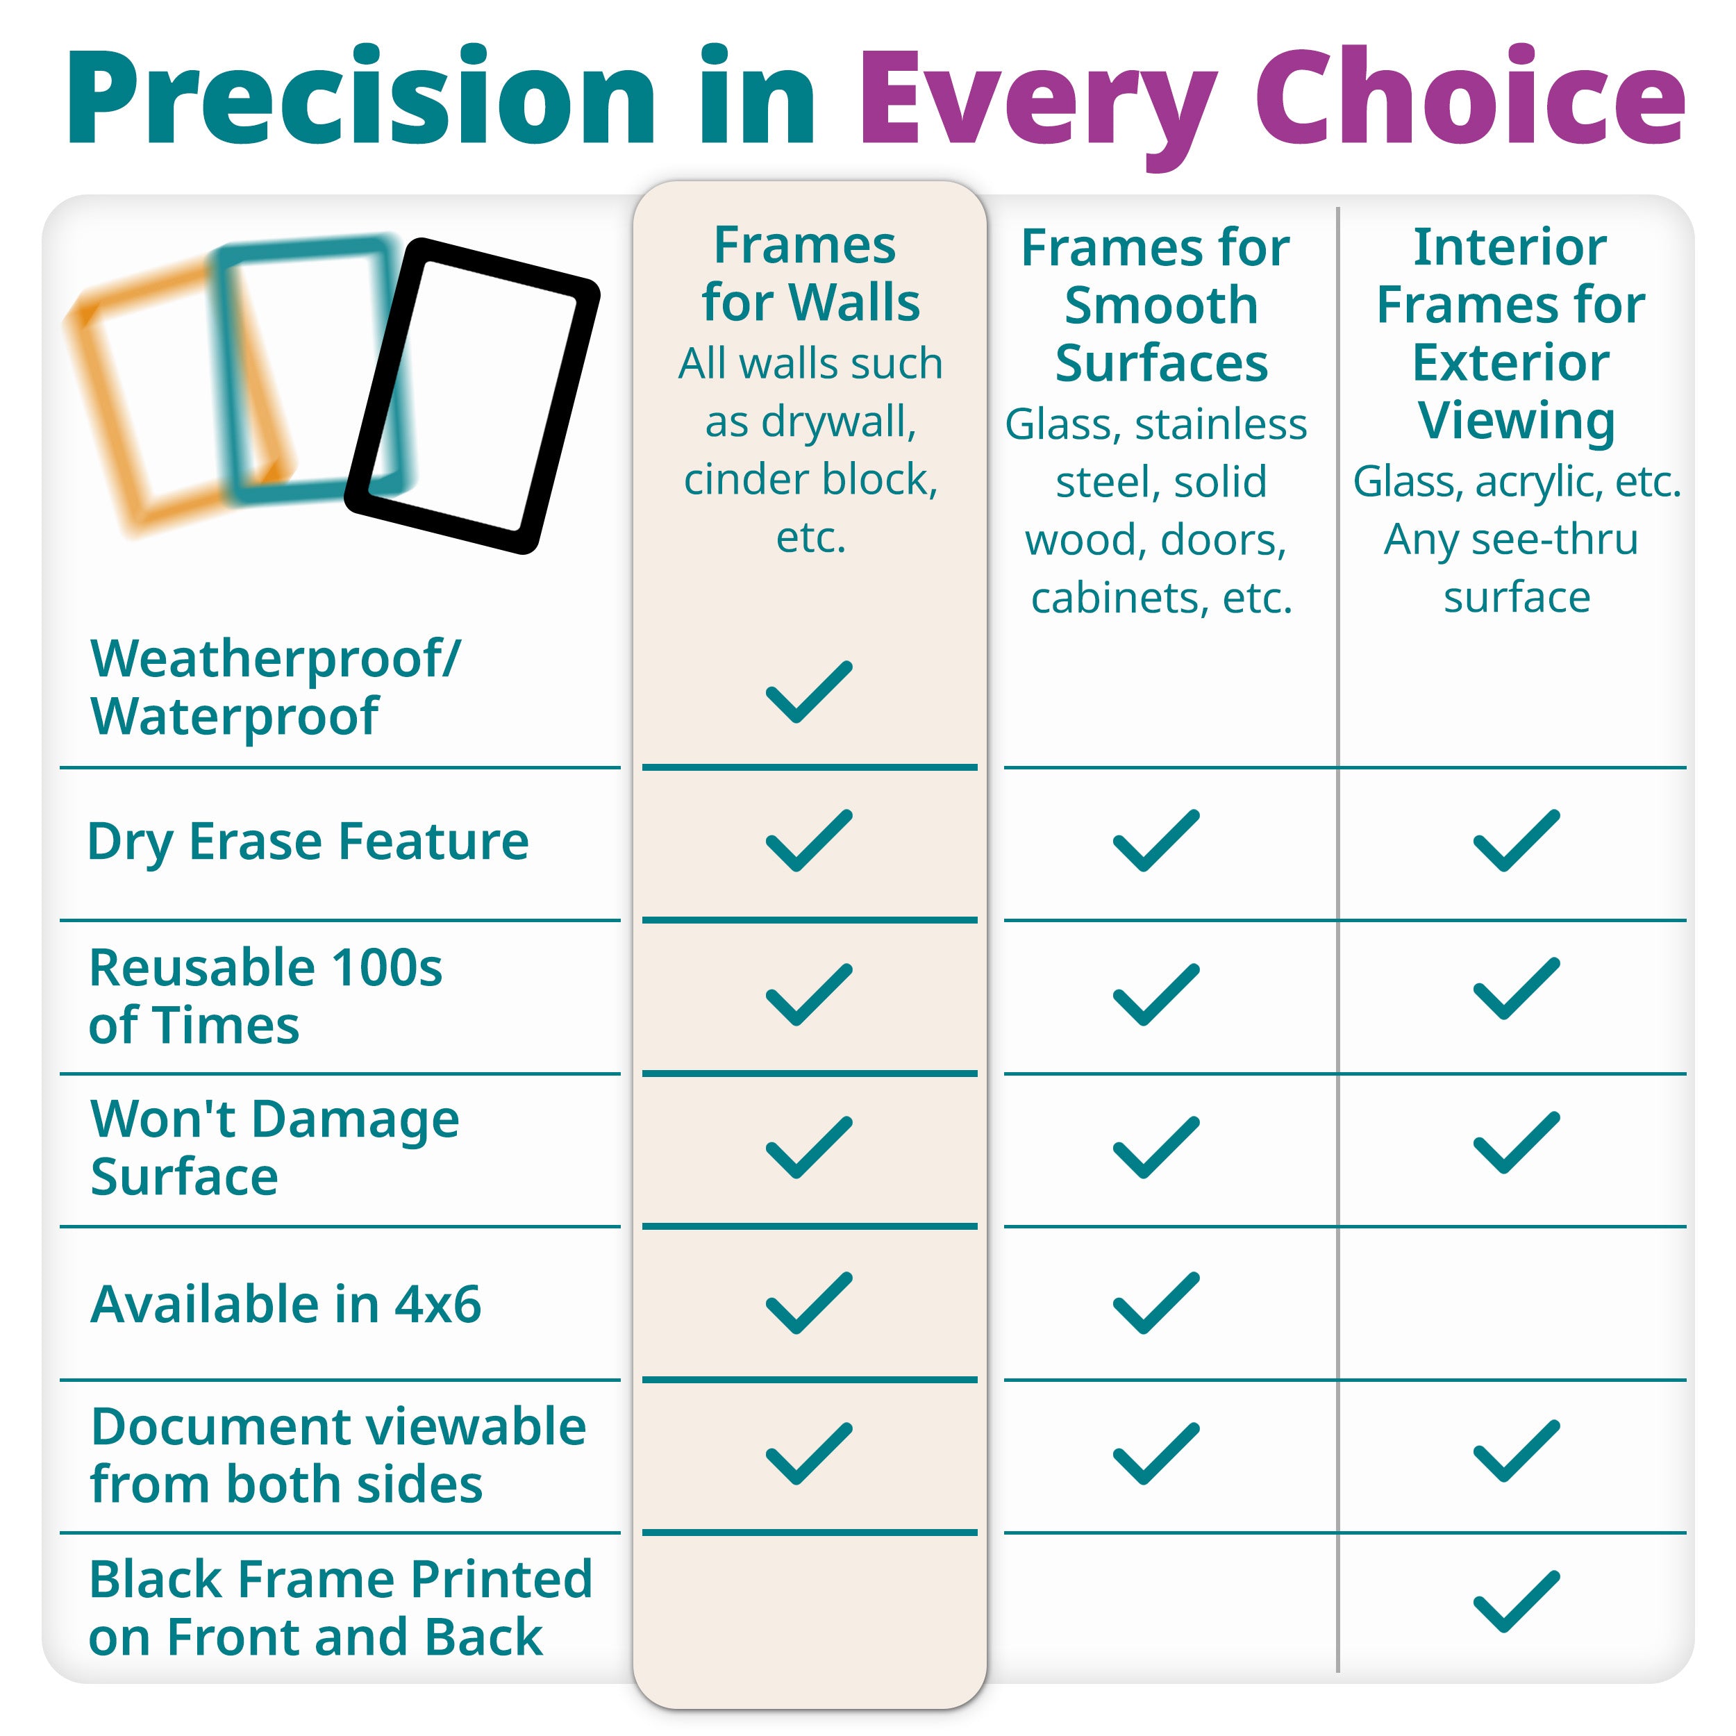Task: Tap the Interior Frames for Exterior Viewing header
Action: point(1512,333)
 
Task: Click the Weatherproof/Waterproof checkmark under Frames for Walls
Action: point(809,691)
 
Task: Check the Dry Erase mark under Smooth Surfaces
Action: point(1156,840)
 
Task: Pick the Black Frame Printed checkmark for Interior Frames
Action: point(1517,1601)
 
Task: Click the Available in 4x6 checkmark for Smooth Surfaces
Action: point(1156,1303)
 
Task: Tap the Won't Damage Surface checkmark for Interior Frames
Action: point(1517,1142)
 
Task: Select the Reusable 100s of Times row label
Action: point(266,996)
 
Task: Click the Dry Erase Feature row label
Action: point(308,842)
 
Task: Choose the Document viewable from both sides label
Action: point(339,1455)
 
